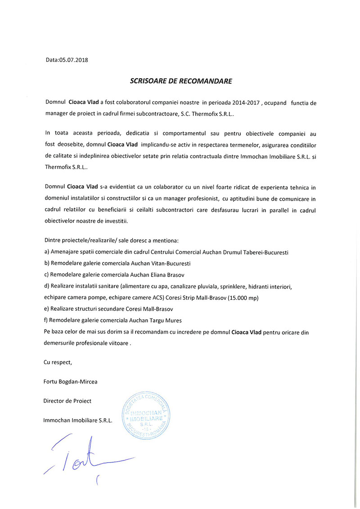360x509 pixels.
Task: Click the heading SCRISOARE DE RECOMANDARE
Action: point(181,81)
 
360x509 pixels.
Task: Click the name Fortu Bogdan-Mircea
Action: point(70,381)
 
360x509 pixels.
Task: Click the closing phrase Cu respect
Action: point(58,362)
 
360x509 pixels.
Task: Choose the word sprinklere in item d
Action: point(233,287)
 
